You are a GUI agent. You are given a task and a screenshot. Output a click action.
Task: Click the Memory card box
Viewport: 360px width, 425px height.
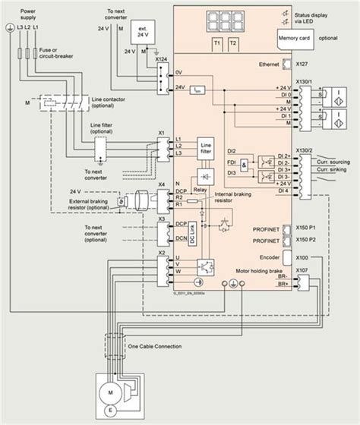pos(297,36)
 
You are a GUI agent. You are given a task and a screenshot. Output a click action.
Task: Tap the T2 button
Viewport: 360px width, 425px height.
pos(234,43)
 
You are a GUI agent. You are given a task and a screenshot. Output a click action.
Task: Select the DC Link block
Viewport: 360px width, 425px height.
pos(192,232)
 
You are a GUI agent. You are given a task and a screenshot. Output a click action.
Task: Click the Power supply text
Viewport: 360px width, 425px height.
pos(27,16)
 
